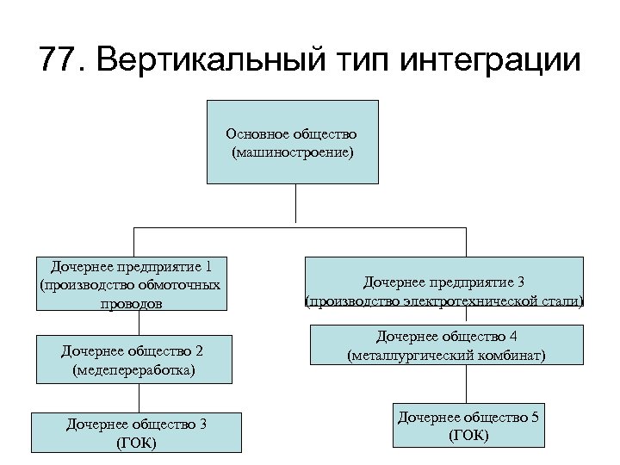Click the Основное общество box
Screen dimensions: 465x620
click(x=292, y=141)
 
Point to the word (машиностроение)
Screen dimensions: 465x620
click(x=292, y=152)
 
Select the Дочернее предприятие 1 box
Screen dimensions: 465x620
click(x=132, y=283)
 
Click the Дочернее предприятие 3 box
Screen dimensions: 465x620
click(x=443, y=291)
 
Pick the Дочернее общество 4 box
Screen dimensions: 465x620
click(x=445, y=345)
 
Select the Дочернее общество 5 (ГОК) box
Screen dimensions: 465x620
click(x=468, y=425)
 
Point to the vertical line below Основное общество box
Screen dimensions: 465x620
click(x=295, y=205)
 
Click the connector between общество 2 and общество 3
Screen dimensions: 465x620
click(x=139, y=397)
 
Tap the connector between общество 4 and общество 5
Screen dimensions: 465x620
click(x=468, y=385)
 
